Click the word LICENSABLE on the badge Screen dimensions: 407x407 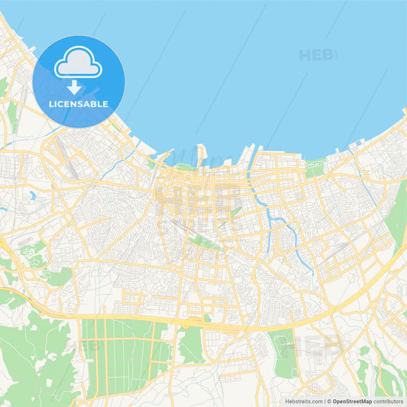[79, 102]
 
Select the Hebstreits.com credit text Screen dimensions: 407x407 [302, 400]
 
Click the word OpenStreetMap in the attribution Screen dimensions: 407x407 [352, 400]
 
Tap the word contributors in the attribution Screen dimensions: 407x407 [389, 400]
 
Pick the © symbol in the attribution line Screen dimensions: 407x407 [329, 400]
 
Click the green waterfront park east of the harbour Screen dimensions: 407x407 [314, 169]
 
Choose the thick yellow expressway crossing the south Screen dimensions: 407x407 [229, 326]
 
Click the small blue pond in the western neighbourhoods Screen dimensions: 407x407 [34, 195]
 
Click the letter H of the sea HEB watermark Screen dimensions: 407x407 [305, 55]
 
